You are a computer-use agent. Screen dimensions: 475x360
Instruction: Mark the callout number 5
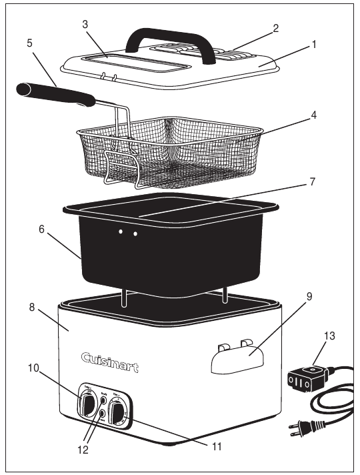tap(29, 41)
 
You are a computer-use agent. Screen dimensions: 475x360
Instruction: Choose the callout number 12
tap(83, 450)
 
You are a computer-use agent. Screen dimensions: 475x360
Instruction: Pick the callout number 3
tap(85, 25)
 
